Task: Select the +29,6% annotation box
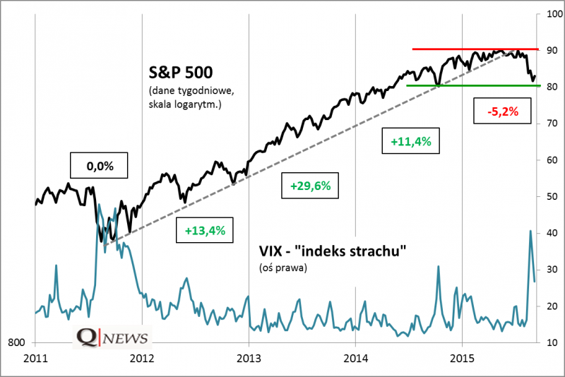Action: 310,186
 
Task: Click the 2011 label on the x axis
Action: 35,357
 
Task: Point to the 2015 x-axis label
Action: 462,357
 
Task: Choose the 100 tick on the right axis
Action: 550,14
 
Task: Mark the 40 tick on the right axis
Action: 547,233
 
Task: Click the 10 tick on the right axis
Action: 547,342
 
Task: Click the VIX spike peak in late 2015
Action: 530,231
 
